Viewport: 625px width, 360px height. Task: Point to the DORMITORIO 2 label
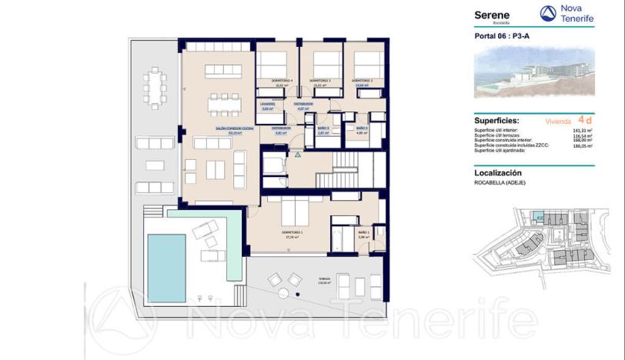(362, 81)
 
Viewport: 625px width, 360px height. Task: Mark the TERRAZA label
(312, 281)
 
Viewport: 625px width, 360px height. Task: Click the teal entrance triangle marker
(296, 154)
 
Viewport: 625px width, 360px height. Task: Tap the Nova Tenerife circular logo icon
(547, 13)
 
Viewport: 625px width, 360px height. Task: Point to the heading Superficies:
(496, 121)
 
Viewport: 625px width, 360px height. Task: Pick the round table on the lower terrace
(282, 295)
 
